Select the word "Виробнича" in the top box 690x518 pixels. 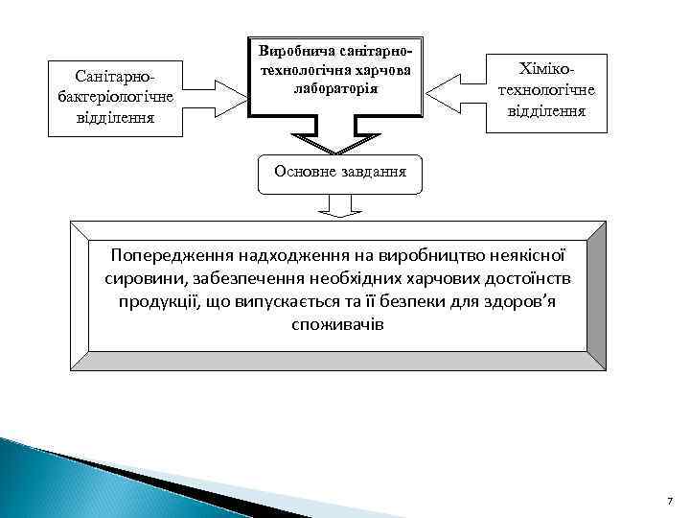pos(287,48)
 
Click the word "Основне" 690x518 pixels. pos(302,172)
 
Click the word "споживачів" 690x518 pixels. pos(336,324)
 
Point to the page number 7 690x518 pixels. pos(670,502)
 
